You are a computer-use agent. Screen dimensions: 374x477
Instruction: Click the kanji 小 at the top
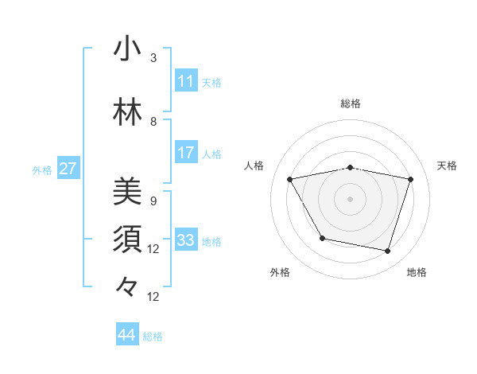point(127,49)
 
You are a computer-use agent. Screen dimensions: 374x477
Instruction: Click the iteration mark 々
point(127,286)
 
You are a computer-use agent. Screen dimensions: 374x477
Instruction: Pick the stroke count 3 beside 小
point(153,58)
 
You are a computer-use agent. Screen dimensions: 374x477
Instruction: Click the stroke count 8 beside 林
point(153,122)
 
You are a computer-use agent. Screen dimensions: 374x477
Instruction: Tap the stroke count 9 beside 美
point(153,201)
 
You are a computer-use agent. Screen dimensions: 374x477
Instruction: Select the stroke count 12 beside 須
point(153,249)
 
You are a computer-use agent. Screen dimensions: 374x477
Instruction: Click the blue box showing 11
point(185,81)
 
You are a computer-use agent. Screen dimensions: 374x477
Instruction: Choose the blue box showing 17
point(185,153)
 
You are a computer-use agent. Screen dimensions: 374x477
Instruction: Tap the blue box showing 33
point(185,240)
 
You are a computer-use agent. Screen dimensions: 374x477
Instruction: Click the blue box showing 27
point(68,169)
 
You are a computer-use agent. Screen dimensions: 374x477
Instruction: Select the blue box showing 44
point(126,335)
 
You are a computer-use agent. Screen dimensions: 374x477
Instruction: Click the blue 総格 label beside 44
point(153,337)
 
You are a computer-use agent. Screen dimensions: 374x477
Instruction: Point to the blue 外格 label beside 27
point(42,169)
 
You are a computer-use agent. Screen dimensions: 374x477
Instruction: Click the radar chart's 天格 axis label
point(448,166)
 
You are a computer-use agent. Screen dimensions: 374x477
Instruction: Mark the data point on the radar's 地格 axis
point(387,251)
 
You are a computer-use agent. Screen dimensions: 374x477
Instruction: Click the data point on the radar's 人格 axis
point(290,180)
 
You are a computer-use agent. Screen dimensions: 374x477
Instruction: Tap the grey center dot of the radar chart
point(351,199)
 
